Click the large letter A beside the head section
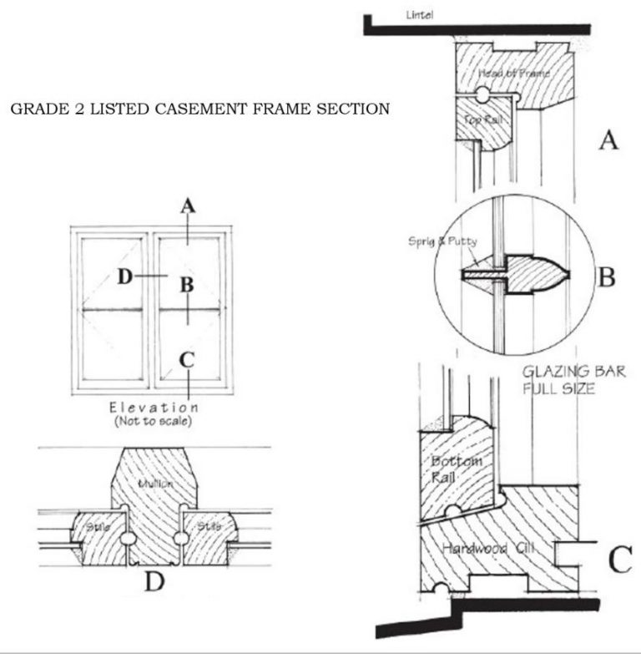coord(608,139)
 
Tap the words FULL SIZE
coord(558,389)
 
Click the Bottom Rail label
coord(452,469)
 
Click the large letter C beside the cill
coord(618,560)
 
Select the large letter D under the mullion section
coord(154,582)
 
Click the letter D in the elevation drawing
coord(124,276)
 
